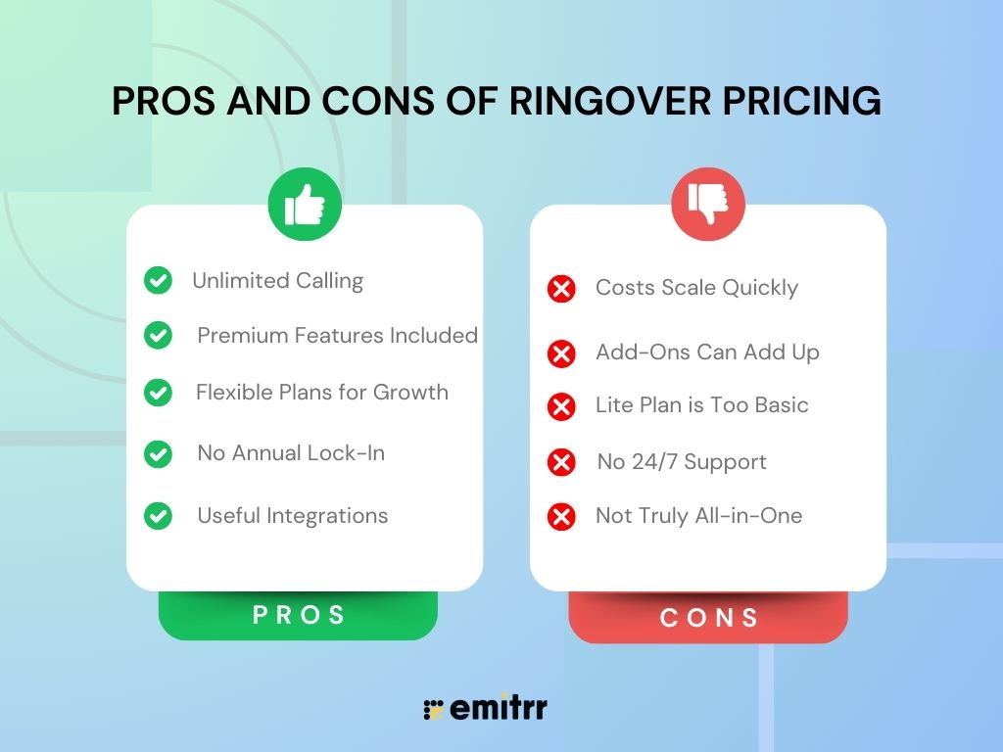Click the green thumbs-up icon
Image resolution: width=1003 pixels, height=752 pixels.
point(305,206)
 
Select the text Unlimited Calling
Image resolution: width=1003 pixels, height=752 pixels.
point(277,281)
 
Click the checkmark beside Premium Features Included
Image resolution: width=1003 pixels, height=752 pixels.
point(158,336)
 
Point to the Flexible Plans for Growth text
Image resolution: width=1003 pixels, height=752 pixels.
point(321,393)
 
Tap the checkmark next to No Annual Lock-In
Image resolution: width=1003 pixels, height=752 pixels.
point(158,454)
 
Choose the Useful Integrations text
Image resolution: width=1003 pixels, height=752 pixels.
point(292,516)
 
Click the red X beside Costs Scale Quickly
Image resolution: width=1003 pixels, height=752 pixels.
point(561,289)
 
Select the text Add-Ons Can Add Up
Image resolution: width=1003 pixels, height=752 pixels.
point(707,352)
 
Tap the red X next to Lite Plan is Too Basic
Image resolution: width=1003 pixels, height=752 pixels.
point(561,406)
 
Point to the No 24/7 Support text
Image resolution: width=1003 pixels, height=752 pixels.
point(682,462)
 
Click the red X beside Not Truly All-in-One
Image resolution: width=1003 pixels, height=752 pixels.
point(561,517)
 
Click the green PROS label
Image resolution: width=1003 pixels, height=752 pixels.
point(299,616)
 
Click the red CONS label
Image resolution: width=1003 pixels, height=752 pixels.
point(708,619)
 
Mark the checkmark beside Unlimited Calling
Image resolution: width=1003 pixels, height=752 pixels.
point(158,281)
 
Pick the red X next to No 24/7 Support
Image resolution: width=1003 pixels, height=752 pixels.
point(561,462)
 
